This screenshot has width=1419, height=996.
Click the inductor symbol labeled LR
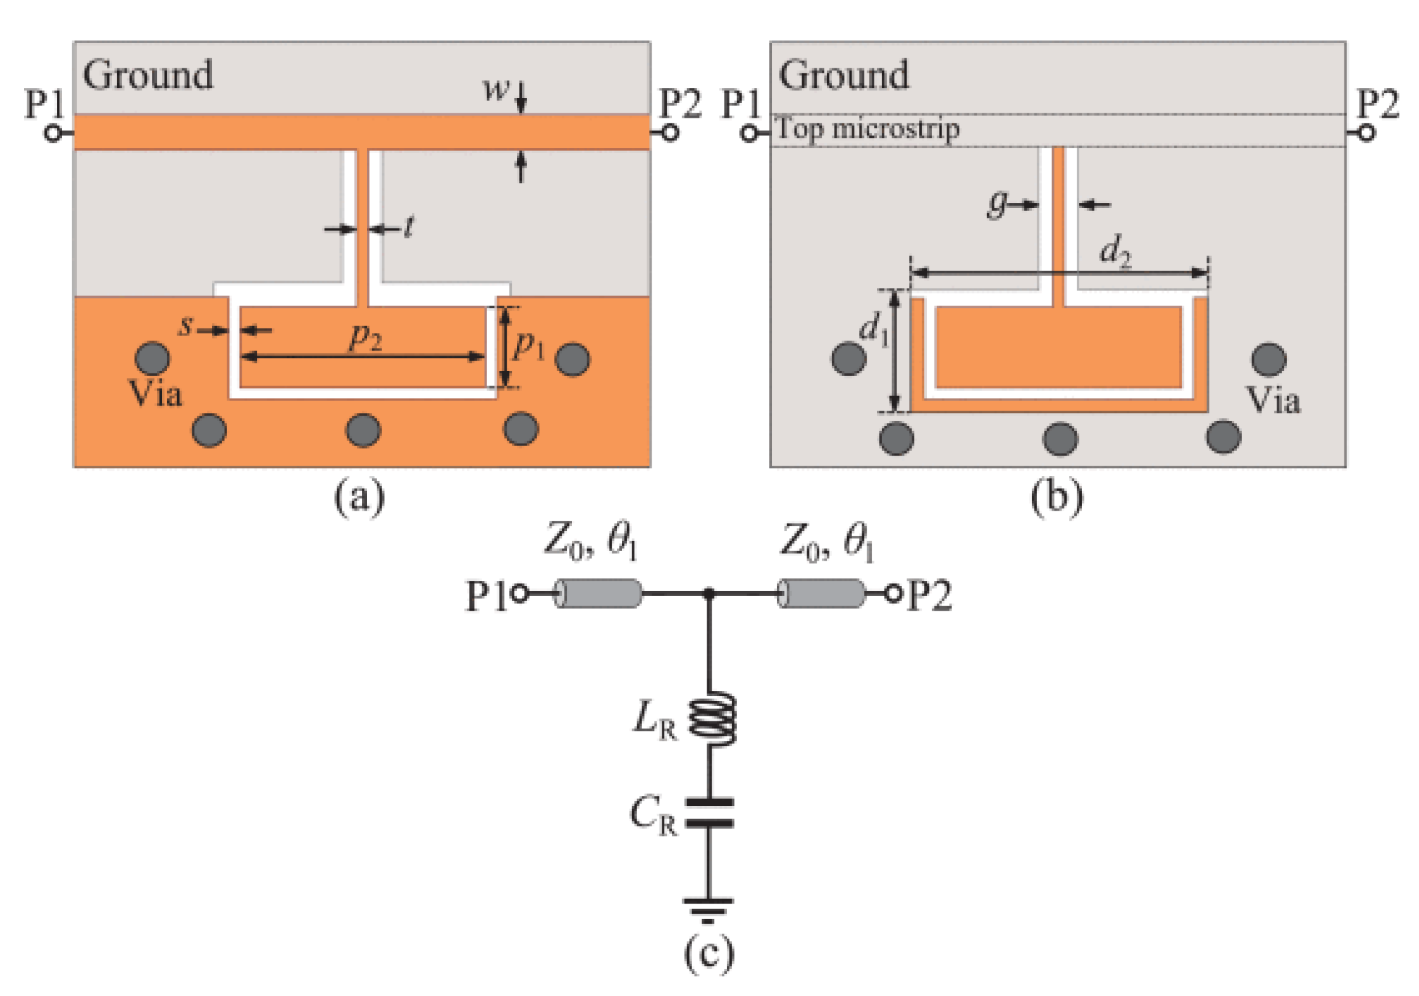click(x=711, y=718)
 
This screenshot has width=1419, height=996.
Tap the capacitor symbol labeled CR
click(x=709, y=812)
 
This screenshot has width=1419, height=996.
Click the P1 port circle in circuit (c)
click(x=519, y=594)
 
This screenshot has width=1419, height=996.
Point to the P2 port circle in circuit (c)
click(x=893, y=594)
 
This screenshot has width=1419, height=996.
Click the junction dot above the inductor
click(x=709, y=594)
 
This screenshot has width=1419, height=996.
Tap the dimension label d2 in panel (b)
click(x=1115, y=251)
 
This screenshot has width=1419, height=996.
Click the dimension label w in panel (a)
click(x=495, y=89)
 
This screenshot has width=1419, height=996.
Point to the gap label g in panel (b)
click(x=997, y=204)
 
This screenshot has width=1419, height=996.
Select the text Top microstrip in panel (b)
click(x=867, y=129)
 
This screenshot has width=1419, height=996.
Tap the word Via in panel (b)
click(x=1272, y=400)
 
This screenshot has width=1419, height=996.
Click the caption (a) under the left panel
click(x=359, y=497)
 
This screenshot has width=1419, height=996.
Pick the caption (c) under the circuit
click(x=709, y=953)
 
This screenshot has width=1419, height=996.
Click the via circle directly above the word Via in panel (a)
click(x=152, y=358)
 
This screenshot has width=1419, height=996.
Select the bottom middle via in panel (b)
click(x=1060, y=439)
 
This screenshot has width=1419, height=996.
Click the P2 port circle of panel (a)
click(x=670, y=133)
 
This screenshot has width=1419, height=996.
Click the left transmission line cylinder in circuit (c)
click(x=598, y=594)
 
